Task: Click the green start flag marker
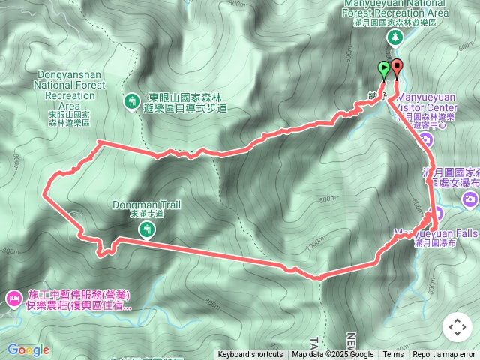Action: pyautogui.click(x=384, y=70)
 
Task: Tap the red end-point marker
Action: pyautogui.click(x=396, y=68)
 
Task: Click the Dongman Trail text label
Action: pyautogui.click(x=146, y=204)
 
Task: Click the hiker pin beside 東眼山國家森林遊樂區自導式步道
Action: pyautogui.click(x=132, y=100)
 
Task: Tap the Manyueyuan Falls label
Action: pyautogui.click(x=442, y=233)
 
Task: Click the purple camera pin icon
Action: pyautogui.click(x=470, y=199)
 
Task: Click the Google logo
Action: pyautogui.click(x=28, y=349)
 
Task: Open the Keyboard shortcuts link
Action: pyautogui.click(x=250, y=355)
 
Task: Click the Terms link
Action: pyautogui.click(x=393, y=355)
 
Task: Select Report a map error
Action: pyautogui.click(x=445, y=355)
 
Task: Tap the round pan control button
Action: pyautogui.click(x=457, y=327)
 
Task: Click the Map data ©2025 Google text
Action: pyautogui.click(x=333, y=355)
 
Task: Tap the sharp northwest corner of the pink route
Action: pyautogui.click(x=98, y=142)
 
